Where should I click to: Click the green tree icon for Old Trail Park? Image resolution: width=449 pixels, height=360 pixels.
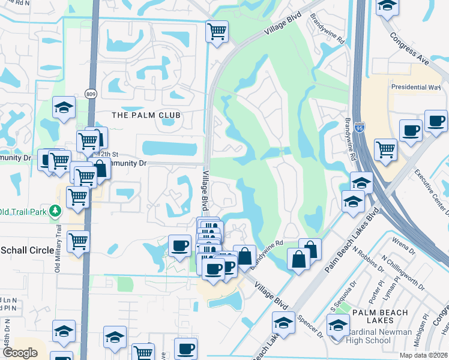click(x=56, y=211)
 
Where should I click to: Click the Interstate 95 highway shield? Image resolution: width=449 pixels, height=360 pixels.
click(x=359, y=128)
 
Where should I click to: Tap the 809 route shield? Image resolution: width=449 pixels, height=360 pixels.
click(x=91, y=94)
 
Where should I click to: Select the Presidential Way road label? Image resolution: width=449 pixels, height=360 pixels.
click(x=416, y=87)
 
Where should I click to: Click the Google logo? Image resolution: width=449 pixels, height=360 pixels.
click(x=20, y=353)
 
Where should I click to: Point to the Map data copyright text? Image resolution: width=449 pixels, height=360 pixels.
click(x=423, y=355)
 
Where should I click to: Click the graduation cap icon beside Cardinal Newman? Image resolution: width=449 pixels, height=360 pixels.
click(x=338, y=324)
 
